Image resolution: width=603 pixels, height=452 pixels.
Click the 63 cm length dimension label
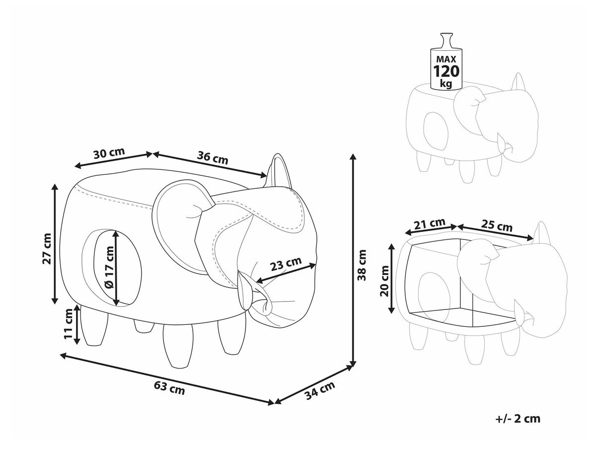tap(169, 388)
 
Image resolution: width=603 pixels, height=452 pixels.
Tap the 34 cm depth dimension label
tap(320, 390)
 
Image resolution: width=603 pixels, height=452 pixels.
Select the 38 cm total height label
tap(362, 265)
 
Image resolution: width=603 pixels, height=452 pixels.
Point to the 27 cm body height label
tap(47, 248)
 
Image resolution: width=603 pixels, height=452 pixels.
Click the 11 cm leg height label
tap(69, 323)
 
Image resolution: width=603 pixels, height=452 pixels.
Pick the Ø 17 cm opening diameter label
tap(109, 267)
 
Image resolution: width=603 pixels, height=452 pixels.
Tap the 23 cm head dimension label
tap(286, 264)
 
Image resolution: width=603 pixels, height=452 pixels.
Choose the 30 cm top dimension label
tap(109, 153)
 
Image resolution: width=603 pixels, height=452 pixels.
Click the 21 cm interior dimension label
tap(429, 223)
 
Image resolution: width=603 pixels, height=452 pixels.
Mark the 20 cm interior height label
tap(384, 281)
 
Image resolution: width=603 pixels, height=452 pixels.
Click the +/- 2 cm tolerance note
tap(518, 419)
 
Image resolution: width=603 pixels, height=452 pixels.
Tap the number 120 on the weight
tap(446, 71)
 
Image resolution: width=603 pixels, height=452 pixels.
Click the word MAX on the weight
tap(446, 59)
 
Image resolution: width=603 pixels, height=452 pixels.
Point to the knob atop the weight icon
tap(446, 41)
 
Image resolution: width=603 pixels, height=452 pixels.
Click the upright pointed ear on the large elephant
tap(278, 170)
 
